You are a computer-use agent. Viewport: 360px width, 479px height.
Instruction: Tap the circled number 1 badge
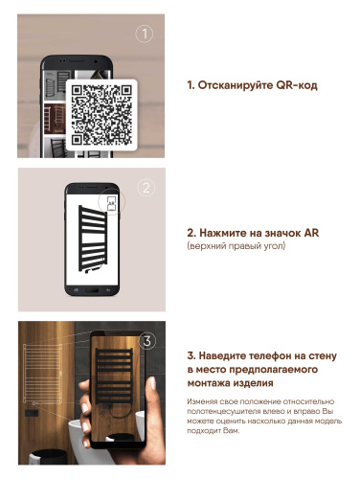point(145,34)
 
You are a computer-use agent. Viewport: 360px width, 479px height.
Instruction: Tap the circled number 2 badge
point(146,187)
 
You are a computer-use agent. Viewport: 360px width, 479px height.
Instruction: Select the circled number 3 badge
point(146,339)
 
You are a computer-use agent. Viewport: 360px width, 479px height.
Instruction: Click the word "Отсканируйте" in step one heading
point(238,85)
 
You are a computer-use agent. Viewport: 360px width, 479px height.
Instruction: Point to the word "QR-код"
point(298,85)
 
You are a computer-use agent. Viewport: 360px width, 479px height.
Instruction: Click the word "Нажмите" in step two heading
point(226,233)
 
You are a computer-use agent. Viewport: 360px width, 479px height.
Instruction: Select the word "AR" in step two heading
point(304,233)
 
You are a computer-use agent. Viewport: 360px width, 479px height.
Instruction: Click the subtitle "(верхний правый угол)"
point(236,247)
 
